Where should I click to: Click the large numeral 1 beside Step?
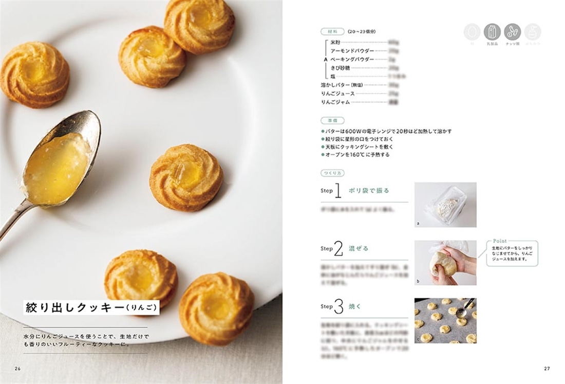(x=338, y=191)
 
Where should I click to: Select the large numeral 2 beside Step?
(x=338, y=249)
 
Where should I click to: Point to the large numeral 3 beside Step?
(x=338, y=307)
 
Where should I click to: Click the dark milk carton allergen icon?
(x=492, y=32)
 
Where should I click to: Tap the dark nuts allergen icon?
(x=512, y=32)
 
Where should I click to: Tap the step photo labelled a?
(x=445, y=205)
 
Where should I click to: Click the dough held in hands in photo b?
(x=443, y=264)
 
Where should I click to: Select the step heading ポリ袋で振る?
(x=369, y=191)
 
